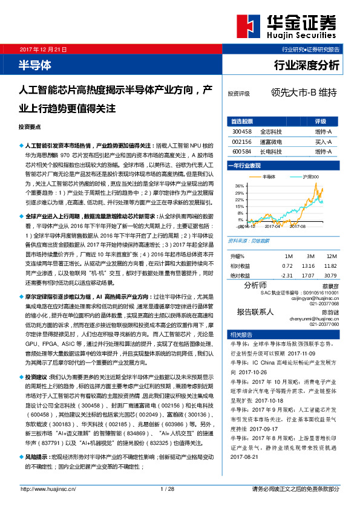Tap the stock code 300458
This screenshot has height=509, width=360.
[241, 131]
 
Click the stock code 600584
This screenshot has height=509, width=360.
[241, 151]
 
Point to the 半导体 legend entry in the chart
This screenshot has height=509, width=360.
[269, 177]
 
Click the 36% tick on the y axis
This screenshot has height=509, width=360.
[240, 186]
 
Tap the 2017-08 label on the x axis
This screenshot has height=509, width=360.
[299, 227]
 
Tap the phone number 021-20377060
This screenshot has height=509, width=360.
[322, 325]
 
